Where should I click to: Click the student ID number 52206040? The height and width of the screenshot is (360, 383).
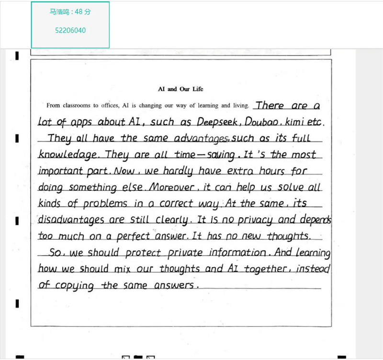[x=70, y=30]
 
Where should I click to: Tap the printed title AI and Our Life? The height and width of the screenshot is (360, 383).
[x=180, y=89]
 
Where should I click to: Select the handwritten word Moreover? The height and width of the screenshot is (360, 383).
[x=170, y=187]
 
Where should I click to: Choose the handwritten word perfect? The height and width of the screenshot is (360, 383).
[x=134, y=236]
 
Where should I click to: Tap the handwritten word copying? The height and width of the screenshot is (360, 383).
[x=74, y=286]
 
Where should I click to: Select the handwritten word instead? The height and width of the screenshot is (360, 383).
[x=313, y=269]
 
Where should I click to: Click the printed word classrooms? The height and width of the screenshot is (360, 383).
[x=77, y=105]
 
